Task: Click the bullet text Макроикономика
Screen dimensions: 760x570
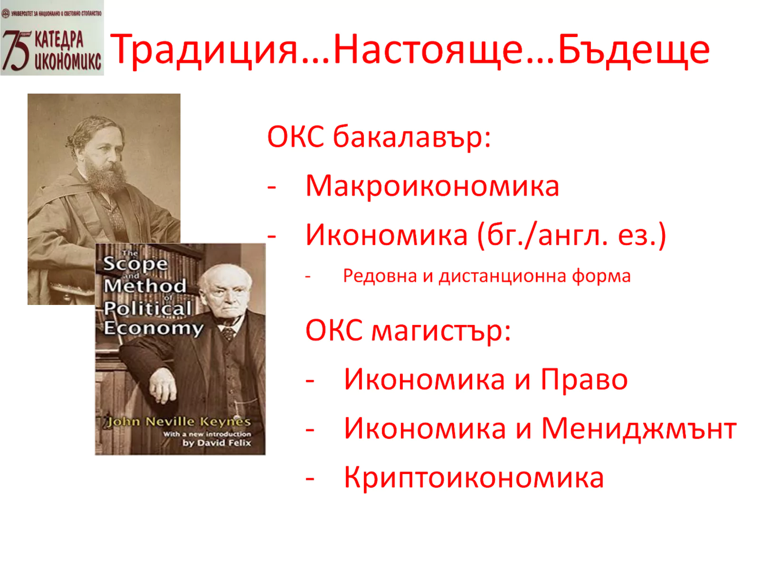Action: (432, 186)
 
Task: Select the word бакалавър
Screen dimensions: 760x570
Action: (412, 137)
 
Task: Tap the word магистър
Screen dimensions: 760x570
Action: (441, 331)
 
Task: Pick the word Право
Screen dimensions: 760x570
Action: (584, 380)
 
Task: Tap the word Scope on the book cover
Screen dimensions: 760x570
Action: (135, 265)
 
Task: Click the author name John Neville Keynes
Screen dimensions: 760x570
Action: (179, 422)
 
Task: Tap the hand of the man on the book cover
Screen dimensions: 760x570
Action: (163, 388)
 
